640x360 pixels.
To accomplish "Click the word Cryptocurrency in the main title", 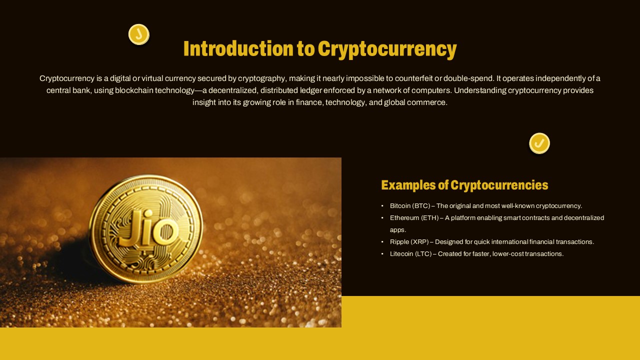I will (x=387, y=49).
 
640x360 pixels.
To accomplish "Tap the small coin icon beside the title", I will (x=138, y=34).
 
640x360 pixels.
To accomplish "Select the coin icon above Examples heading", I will (x=539, y=143).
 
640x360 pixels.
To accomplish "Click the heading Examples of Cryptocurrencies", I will (x=464, y=185).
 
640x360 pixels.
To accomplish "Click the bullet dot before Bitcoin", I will (x=382, y=206).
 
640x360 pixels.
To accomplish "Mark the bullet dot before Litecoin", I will (x=382, y=254).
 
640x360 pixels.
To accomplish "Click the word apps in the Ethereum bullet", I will (x=398, y=230).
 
